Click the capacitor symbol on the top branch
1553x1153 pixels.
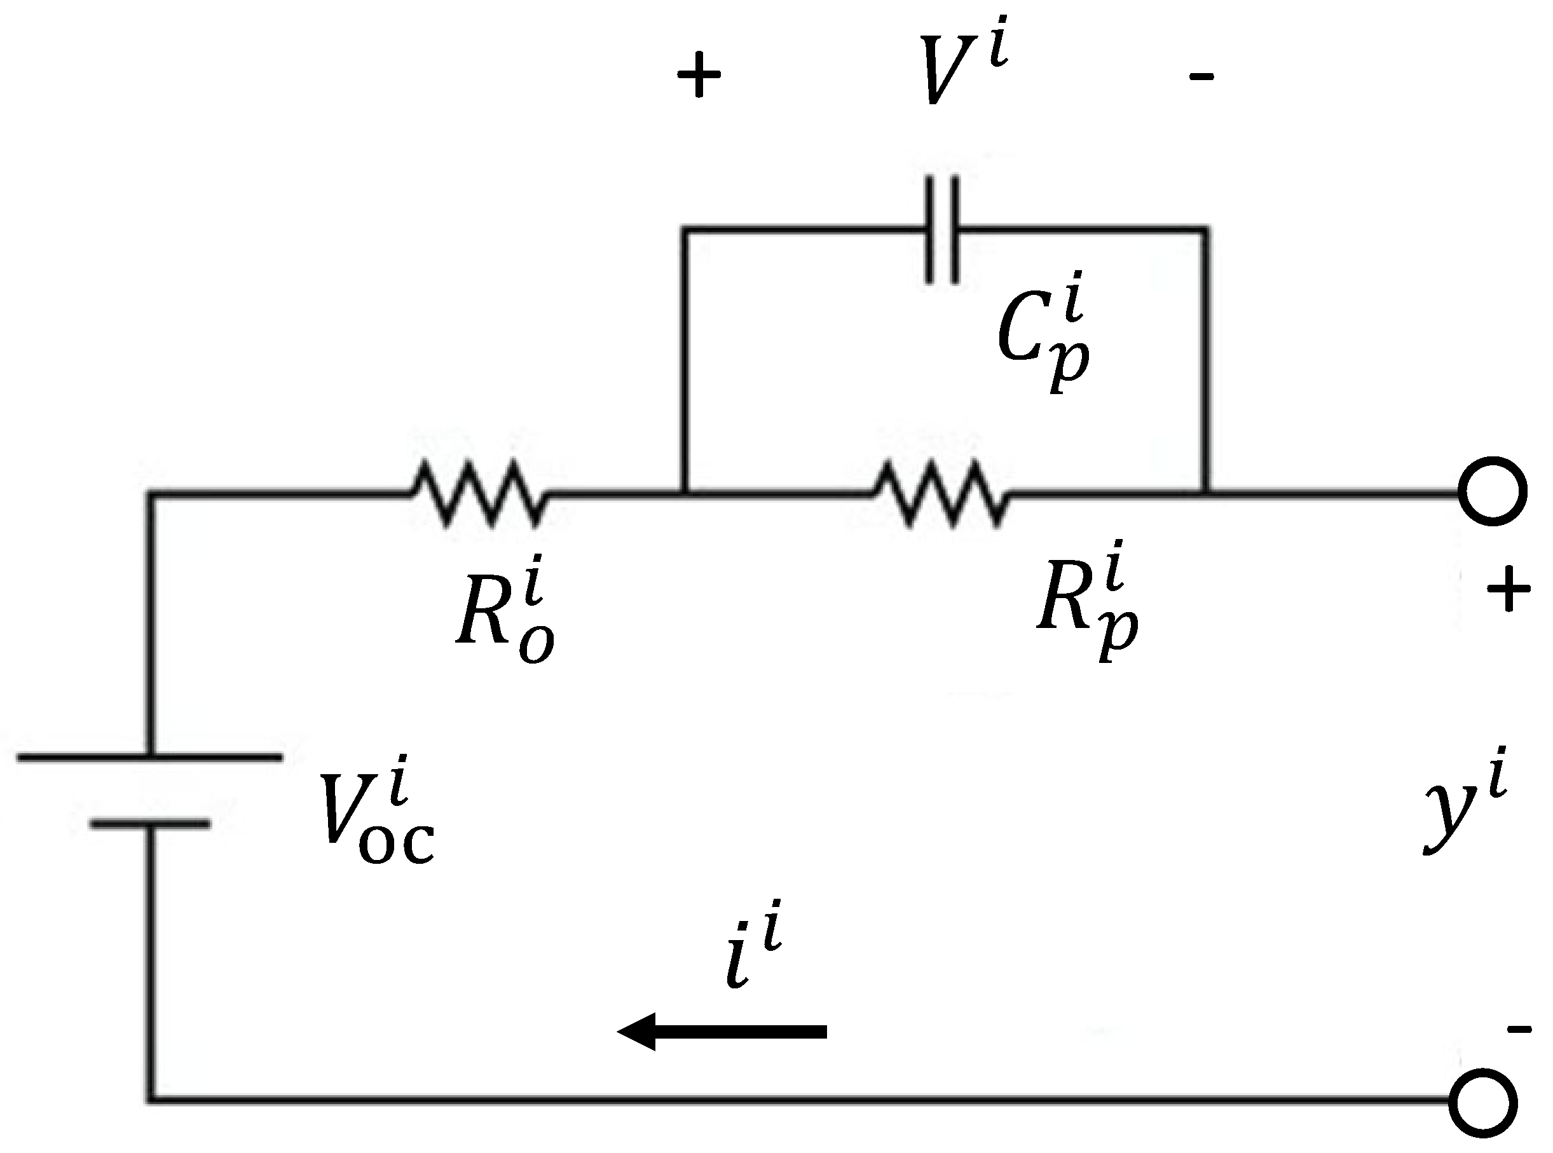[942, 229]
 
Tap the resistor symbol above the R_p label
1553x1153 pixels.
[941, 494]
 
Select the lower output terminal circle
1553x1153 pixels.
[1482, 1102]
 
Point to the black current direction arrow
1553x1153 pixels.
[722, 1032]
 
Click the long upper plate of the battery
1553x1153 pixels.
[149, 756]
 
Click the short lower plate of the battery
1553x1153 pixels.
[149, 824]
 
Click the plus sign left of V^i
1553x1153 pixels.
[699, 74]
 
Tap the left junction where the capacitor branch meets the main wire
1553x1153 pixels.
[685, 493]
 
